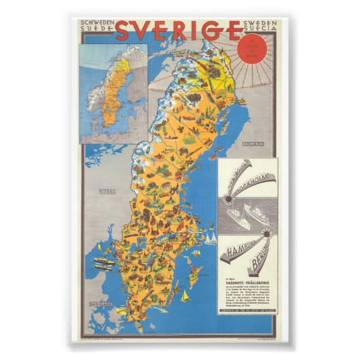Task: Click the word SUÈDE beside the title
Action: pyautogui.click(x=96, y=31)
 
